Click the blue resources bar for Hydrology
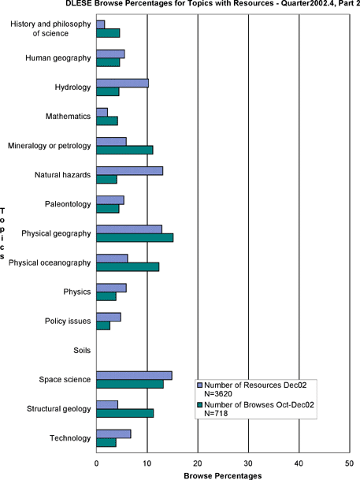click(x=122, y=83)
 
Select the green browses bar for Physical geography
click(x=135, y=238)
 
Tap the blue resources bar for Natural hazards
click(x=130, y=171)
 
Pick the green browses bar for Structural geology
click(x=125, y=413)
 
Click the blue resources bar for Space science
click(x=134, y=376)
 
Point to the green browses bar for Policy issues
click(x=103, y=326)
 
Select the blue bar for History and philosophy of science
click(x=101, y=24)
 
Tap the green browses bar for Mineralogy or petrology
click(x=124, y=150)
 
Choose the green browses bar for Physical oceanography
click(x=128, y=267)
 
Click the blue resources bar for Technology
click(x=113, y=434)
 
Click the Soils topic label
click(x=82, y=350)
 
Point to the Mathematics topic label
click(x=69, y=117)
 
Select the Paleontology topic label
click(x=68, y=204)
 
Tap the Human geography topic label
click(x=58, y=58)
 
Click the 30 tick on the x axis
click(x=248, y=463)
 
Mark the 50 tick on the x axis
click(x=349, y=463)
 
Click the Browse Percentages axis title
click(x=223, y=476)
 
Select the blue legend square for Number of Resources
click(x=200, y=385)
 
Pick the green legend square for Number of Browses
click(x=200, y=405)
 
